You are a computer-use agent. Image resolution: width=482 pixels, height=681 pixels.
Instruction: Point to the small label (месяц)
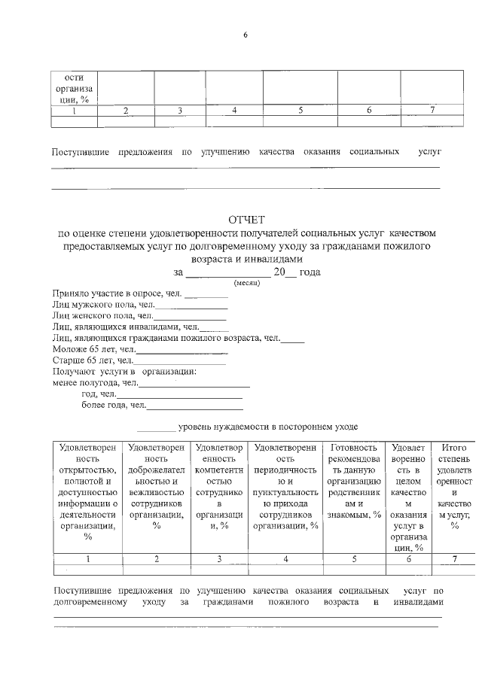click(246, 283)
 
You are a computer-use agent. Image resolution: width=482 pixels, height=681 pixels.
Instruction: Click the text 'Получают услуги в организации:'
click(124, 372)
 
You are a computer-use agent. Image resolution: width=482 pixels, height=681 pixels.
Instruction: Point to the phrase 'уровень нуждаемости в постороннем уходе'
click(267, 427)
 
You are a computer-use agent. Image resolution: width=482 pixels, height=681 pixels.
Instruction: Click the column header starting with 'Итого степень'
click(454, 485)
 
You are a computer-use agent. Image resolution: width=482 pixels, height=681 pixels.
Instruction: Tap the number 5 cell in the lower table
click(353, 559)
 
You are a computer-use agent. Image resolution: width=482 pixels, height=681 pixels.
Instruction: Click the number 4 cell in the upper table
click(235, 111)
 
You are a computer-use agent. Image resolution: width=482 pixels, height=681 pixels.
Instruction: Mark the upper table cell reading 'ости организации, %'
click(74, 88)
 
